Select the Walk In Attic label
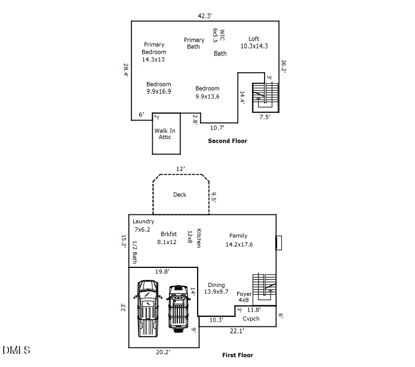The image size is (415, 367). click(x=165, y=134)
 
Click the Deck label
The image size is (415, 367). click(x=180, y=195)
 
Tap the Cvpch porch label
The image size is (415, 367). click(x=251, y=319)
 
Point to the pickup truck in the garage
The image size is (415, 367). click(x=147, y=308)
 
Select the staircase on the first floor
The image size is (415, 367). click(x=265, y=288)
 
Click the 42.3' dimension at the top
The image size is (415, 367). click(x=206, y=16)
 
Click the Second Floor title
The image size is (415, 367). click(x=227, y=141)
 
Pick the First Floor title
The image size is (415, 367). click(x=238, y=355)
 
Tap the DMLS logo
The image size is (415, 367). click(x=16, y=350)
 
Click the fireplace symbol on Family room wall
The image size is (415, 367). click(x=279, y=243)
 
